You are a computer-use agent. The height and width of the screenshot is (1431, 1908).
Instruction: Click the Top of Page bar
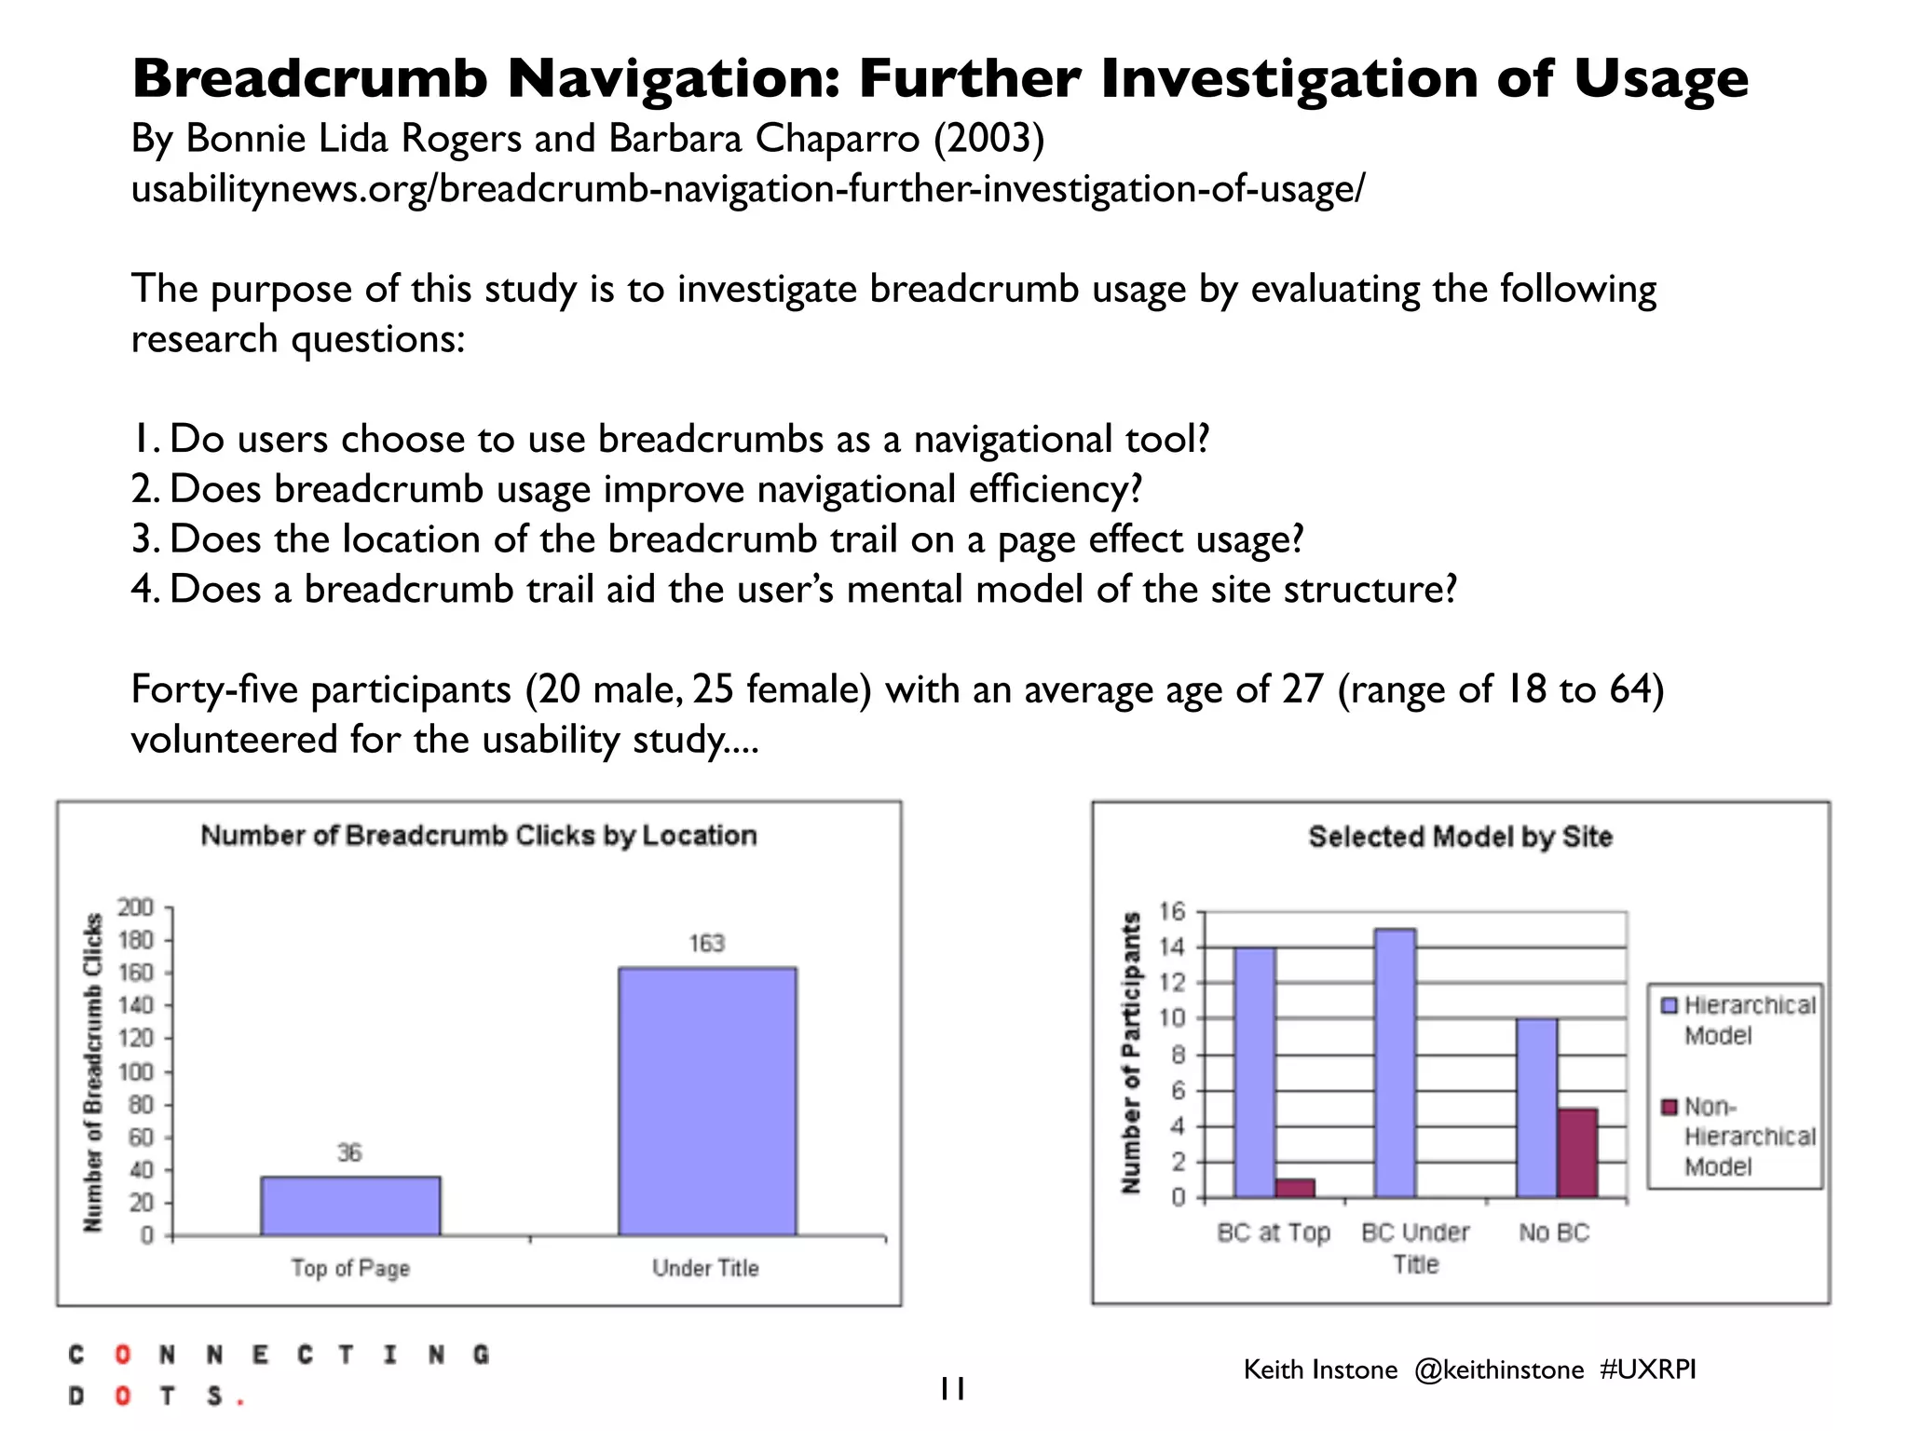pos(350,1206)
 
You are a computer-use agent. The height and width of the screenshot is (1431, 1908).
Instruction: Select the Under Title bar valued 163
pos(707,1101)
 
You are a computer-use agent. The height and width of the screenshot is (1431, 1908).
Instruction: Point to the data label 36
pos(349,1153)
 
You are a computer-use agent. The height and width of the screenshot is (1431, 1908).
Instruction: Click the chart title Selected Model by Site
pos(1460,837)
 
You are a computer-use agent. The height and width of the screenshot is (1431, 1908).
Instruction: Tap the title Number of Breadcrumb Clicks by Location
pos(479,835)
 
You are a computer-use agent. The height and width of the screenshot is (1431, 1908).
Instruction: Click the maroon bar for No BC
pos(1577,1152)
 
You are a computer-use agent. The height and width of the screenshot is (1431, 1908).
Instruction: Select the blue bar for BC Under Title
pos(1395,1062)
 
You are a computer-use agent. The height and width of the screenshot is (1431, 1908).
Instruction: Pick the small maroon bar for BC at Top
pos(1295,1188)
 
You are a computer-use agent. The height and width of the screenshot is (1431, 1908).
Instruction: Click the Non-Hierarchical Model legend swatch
pos(1669,1107)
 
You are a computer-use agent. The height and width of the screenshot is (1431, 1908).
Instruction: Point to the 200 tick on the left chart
pos(135,907)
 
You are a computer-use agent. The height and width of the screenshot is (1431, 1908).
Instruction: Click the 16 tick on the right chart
pos(1172,911)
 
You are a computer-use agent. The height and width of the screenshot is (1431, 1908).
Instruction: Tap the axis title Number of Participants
pos(1131,1053)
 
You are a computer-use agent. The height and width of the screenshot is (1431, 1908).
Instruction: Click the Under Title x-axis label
pos(705,1268)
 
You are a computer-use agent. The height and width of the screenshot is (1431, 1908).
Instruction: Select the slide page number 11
pos(951,1389)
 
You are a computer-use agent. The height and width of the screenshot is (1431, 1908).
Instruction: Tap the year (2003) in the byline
pos(988,139)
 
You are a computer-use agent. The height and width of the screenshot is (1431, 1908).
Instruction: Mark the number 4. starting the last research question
pos(146,590)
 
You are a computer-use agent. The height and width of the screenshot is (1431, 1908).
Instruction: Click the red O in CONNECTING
pos(122,1355)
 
